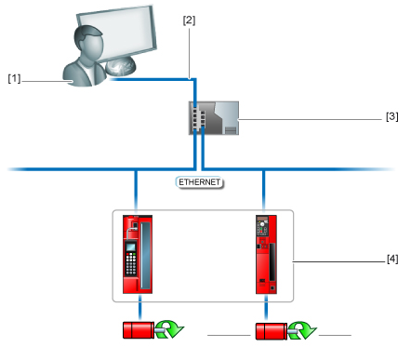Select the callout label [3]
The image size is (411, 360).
(391, 118)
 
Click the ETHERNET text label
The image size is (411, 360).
(200, 183)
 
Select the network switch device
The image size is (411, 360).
(213, 118)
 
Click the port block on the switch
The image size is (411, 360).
(198, 118)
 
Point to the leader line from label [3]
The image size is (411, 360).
(307, 118)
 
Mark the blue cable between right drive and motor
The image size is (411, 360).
(265, 310)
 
